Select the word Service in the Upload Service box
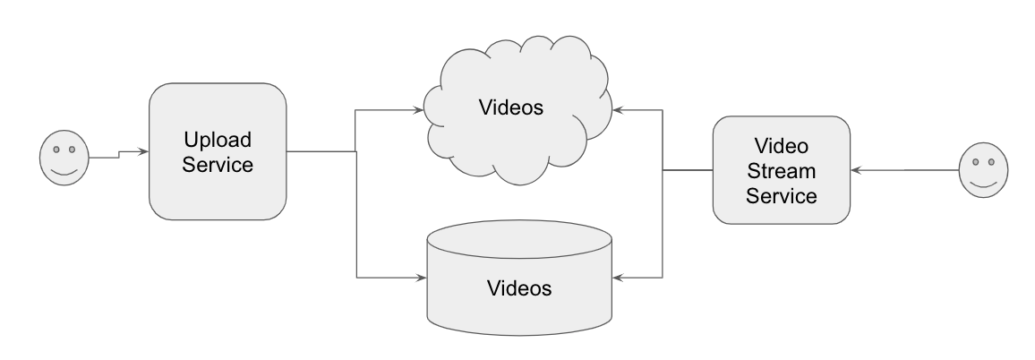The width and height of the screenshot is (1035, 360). (217, 165)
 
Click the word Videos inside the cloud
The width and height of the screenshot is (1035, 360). (511, 108)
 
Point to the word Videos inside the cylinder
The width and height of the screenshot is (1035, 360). (519, 288)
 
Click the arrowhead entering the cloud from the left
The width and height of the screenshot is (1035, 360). (417, 110)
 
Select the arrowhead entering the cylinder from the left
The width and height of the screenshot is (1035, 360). (421, 276)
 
